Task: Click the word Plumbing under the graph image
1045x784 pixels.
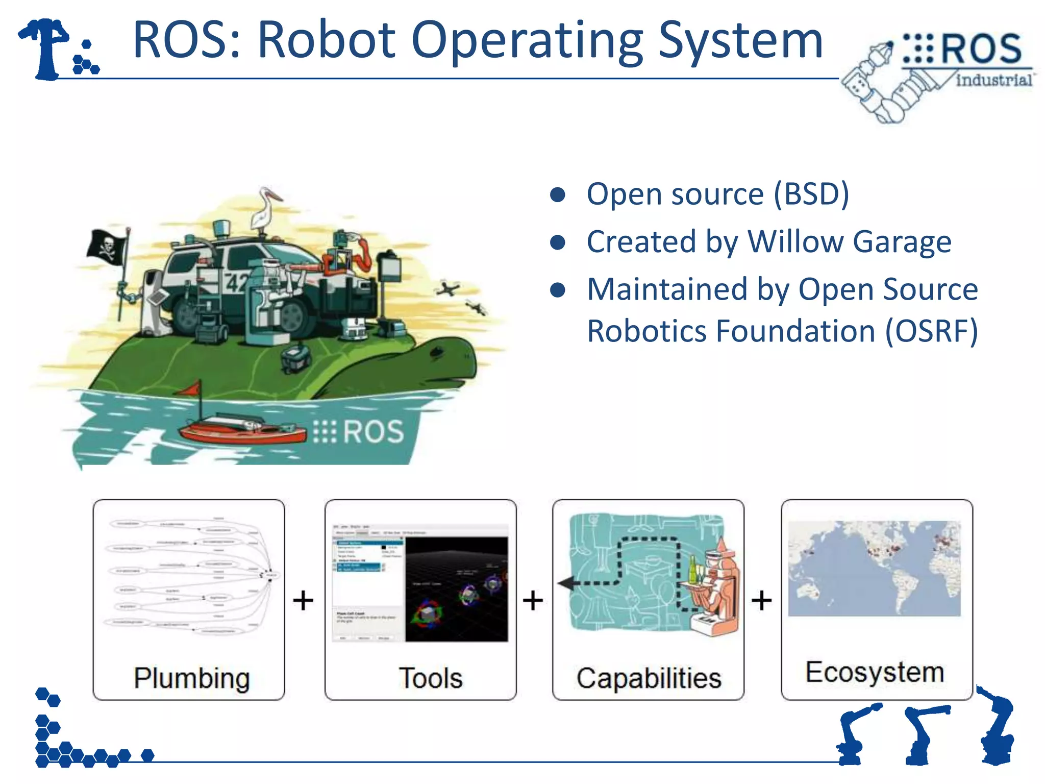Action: click(191, 678)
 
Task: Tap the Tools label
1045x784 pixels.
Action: click(430, 678)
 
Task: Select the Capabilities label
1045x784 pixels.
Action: click(649, 678)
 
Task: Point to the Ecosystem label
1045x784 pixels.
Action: click(875, 672)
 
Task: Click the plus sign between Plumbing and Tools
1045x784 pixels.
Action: click(303, 600)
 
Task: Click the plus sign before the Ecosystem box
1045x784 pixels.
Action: click(761, 600)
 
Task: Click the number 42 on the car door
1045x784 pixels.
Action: click(236, 282)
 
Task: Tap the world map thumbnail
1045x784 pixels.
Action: click(874, 568)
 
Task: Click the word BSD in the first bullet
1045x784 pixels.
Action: click(811, 194)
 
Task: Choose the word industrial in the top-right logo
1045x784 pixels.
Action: click(993, 80)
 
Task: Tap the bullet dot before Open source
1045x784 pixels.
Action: click(558, 194)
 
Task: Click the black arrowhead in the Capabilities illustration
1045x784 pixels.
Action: click(565, 583)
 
